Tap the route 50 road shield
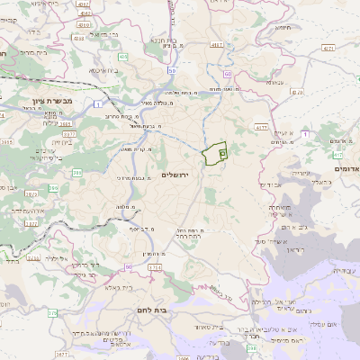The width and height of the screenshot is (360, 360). [171, 70]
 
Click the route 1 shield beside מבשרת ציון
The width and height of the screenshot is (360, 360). [95, 103]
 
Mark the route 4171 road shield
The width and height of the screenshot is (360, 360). [262, 128]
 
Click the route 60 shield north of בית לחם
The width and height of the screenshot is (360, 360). [129, 267]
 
